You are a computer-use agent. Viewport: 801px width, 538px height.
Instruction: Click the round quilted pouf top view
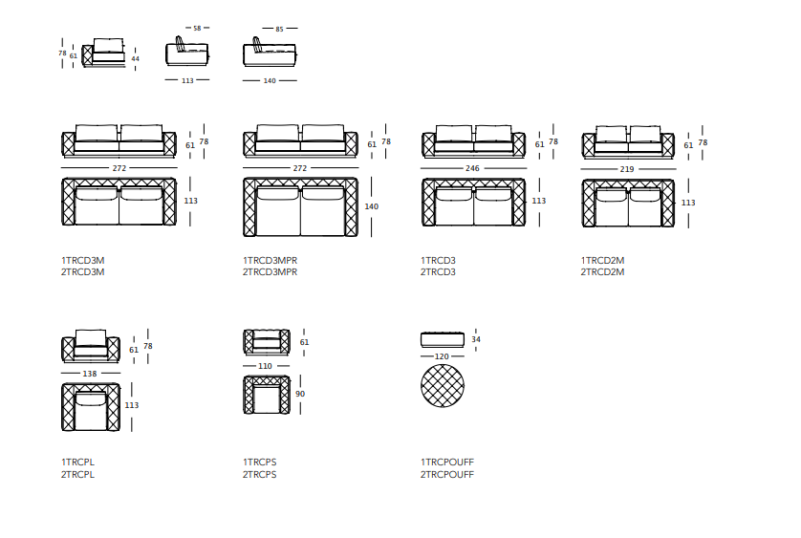coord(443,386)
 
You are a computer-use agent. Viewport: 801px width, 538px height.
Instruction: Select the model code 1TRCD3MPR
coord(270,260)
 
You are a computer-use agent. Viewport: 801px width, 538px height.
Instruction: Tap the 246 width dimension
coord(472,168)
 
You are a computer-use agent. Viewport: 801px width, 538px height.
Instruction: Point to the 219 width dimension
coord(627,169)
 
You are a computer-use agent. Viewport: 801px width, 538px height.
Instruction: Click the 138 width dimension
coord(90,374)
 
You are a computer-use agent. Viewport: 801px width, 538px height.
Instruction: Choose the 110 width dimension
coord(265,366)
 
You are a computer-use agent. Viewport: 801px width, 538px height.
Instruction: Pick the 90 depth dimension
coord(300,394)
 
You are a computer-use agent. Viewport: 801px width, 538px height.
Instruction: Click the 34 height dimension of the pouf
coord(476,339)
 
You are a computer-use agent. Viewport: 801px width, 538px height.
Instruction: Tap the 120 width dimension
coord(442,356)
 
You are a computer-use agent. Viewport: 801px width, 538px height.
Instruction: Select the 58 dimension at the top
coord(197,28)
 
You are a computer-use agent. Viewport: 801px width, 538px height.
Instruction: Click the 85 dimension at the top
coord(279,29)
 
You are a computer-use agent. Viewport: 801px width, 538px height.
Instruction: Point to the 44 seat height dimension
coord(136,58)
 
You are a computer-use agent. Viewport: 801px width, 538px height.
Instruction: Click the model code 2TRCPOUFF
coord(447,474)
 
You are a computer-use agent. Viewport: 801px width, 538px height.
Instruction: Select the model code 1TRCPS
coord(259,462)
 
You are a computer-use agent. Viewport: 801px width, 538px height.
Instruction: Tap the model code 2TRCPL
coord(77,474)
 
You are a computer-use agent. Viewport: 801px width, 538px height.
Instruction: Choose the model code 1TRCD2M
coord(602,260)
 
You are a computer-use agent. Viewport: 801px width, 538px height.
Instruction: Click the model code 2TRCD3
coord(438,271)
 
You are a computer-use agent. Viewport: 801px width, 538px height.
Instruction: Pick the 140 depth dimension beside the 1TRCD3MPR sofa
coord(372,206)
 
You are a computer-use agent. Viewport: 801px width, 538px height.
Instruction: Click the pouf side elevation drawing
coord(443,339)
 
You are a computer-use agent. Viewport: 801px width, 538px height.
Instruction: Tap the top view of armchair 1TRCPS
coord(267,395)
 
